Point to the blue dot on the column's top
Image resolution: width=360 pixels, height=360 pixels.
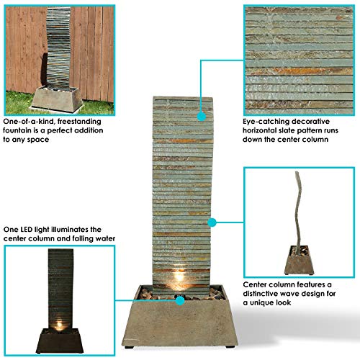tap(201, 113)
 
